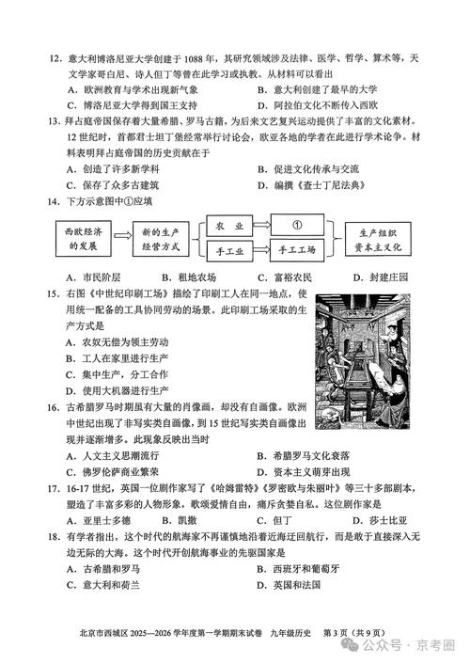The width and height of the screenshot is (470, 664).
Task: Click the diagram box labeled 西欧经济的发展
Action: pos(74,238)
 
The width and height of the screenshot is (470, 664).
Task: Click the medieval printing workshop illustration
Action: pos(362,361)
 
